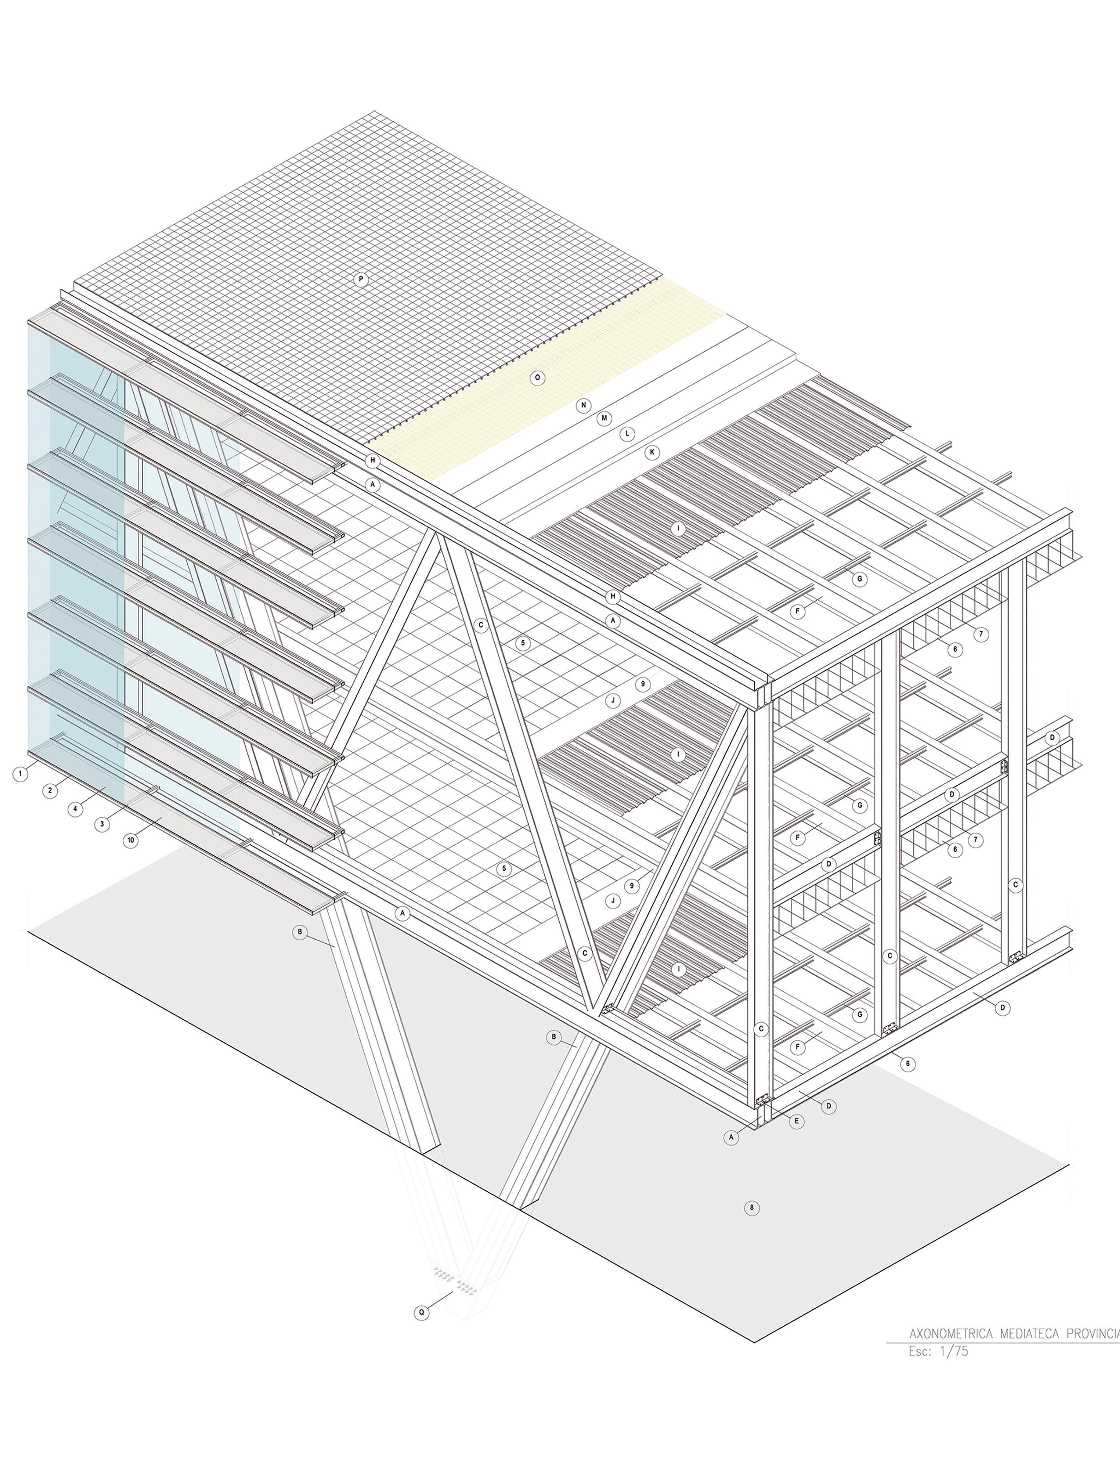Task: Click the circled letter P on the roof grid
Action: click(x=361, y=280)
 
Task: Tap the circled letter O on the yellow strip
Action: click(x=537, y=378)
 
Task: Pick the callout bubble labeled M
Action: click(x=604, y=419)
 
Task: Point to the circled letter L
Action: click(x=627, y=434)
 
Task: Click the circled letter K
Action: click(x=652, y=452)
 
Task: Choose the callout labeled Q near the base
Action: click(x=421, y=1312)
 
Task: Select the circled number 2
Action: click(x=49, y=791)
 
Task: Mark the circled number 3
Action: click(x=102, y=824)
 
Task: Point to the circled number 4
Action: click(x=75, y=809)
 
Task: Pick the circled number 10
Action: click(x=130, y=840)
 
